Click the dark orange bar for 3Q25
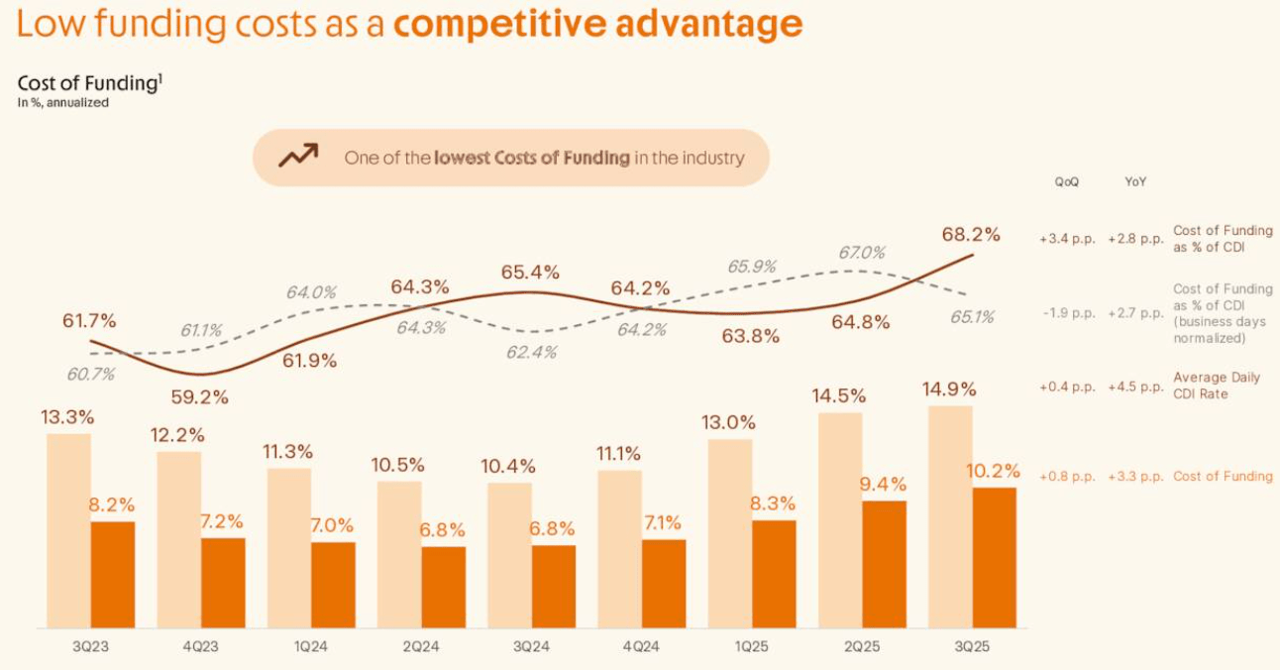[995, 557]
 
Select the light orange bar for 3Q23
[68, 530]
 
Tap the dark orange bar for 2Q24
[443, 587]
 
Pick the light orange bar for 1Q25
[730, 533]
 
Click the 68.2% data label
[971, 235]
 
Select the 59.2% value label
[199, 397]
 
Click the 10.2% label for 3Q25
[994, 471]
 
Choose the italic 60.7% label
[90, 374]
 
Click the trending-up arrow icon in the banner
[297, 156]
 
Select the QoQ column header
[1067, 182]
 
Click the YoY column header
[1135, 182]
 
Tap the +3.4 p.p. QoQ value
[1067, 239]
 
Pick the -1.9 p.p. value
[1068, 313]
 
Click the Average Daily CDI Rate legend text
[1216, 386]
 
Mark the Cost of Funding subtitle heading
[88, 84]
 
